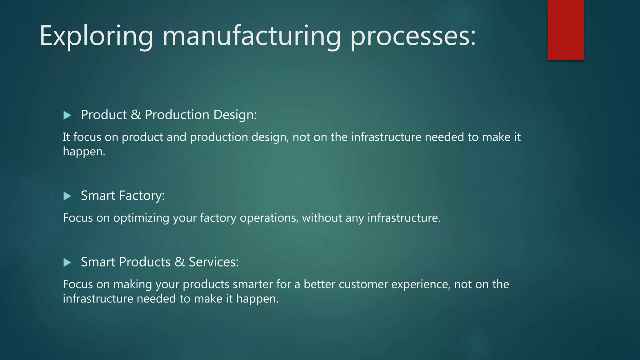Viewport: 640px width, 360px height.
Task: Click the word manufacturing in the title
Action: [x=251, y=37]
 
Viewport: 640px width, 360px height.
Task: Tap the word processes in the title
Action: [x=412, y=37]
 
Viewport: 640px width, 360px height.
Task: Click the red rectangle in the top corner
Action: [x=566, y=30]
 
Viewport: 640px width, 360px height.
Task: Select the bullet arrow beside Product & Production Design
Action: [x=67, y=115]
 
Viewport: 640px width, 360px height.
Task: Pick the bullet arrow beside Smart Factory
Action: [x=67, y=196]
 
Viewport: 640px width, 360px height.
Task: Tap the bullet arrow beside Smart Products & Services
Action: [x=67, y=262]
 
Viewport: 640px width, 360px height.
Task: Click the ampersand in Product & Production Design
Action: [x=136, y=115]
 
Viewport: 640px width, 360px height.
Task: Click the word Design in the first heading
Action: [x=235, y=115]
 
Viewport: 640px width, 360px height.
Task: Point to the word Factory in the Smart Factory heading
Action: [x=142, y=196]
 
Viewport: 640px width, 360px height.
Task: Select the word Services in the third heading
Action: [x=213, y=262]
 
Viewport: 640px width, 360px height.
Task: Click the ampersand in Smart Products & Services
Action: [x=179, y=262]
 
